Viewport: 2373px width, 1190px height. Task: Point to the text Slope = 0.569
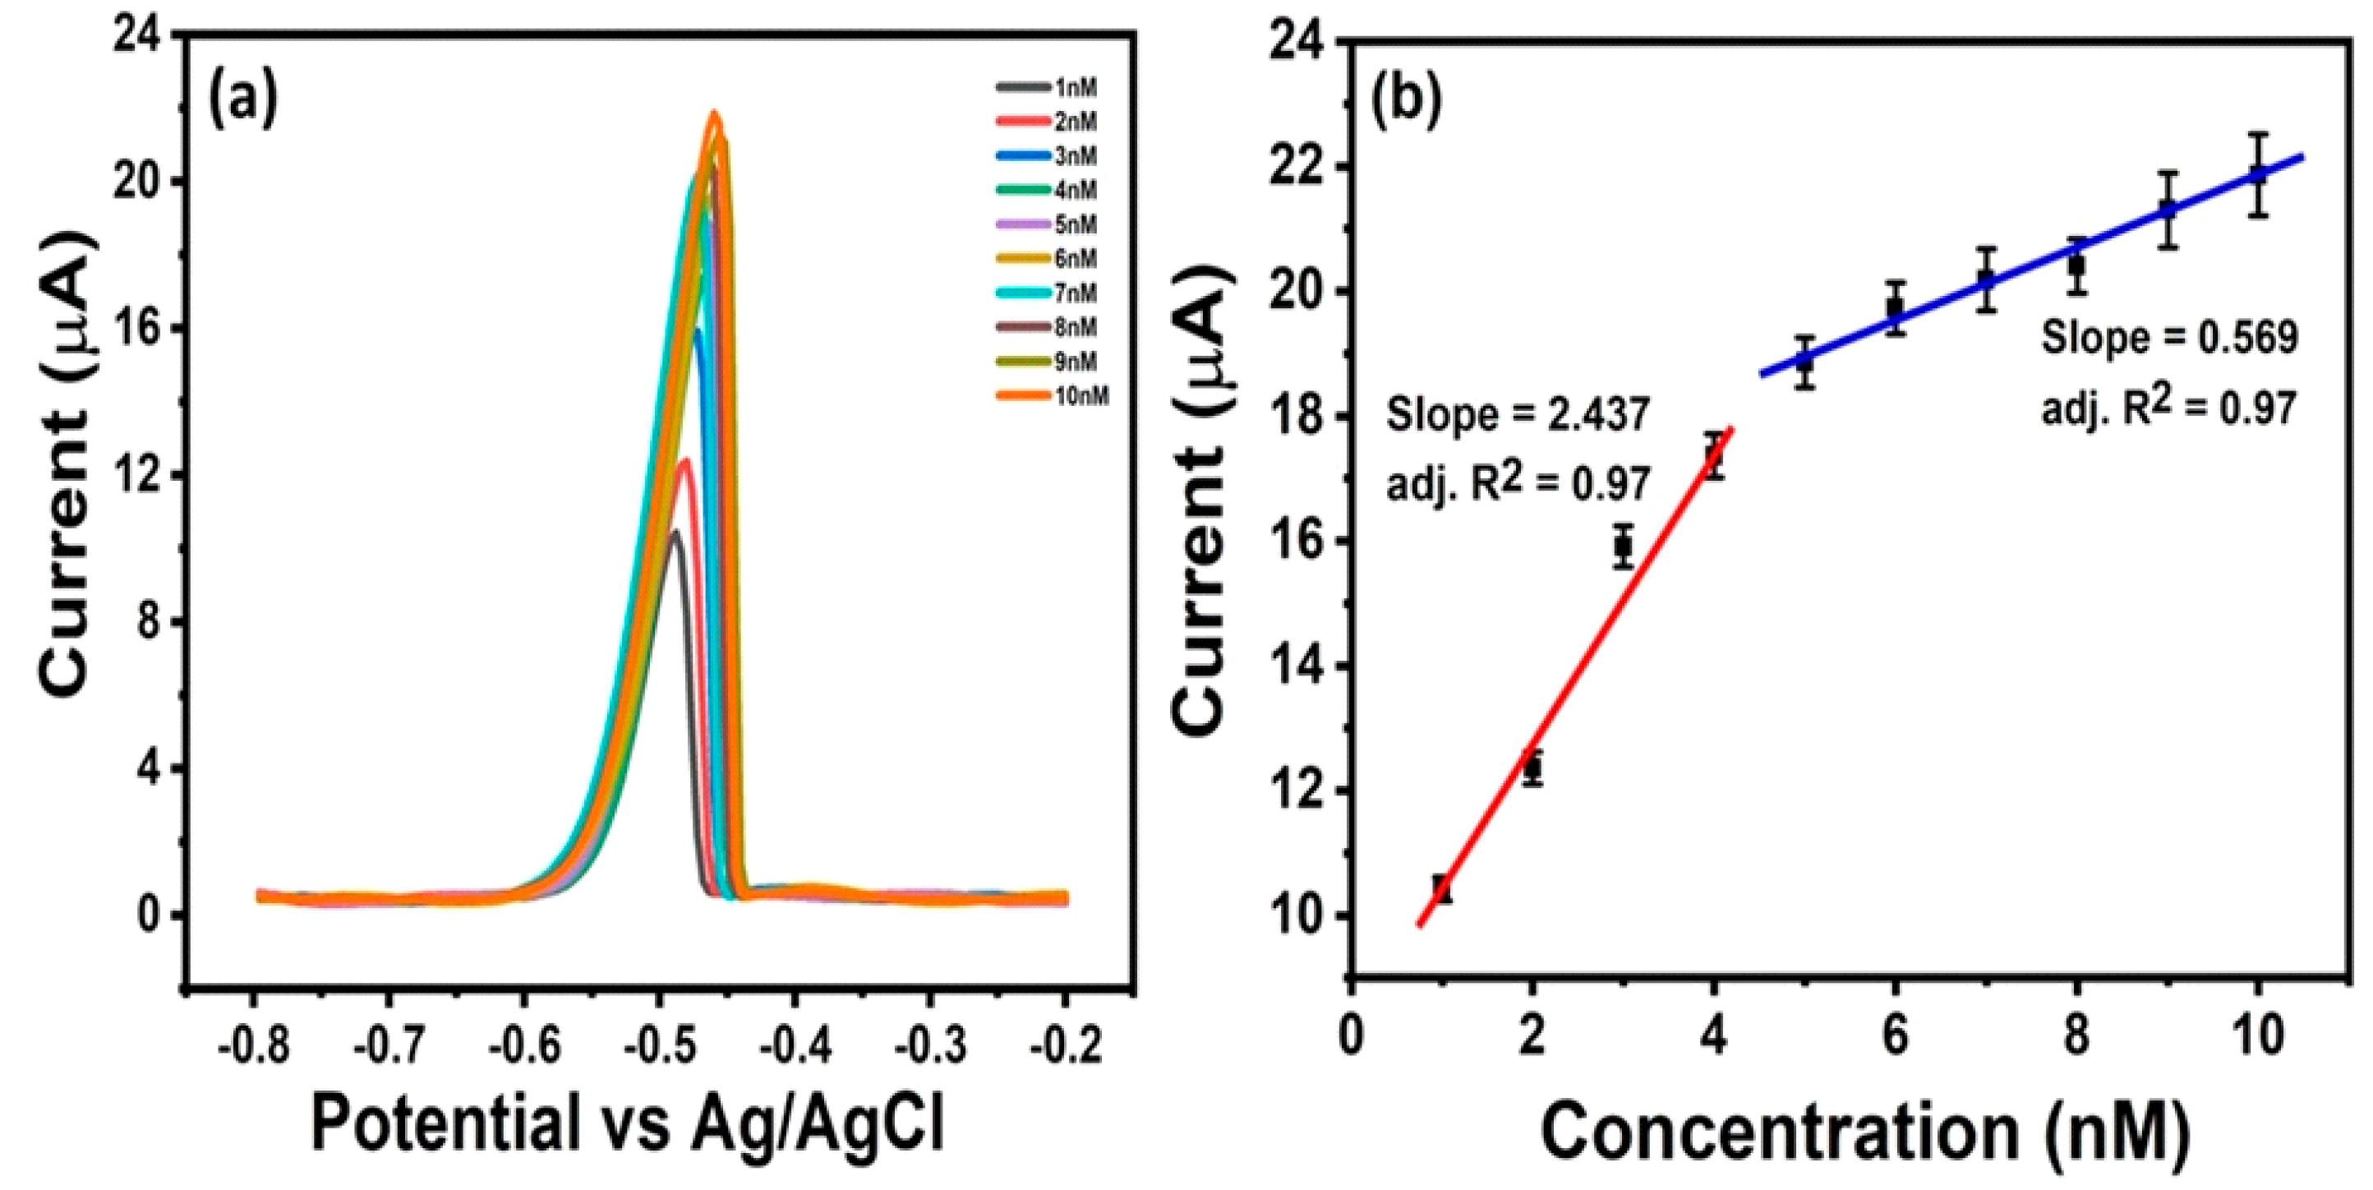tap(2169, 338)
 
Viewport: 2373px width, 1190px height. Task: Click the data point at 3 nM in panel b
tap(1622, 547)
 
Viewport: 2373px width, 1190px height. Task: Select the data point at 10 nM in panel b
tap(2257, 175)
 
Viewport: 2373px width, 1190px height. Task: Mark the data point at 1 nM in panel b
tap(1442, 889)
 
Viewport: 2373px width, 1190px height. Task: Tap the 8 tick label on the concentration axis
tap(2076, 1036)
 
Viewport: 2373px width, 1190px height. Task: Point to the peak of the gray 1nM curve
tap(675, 532)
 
